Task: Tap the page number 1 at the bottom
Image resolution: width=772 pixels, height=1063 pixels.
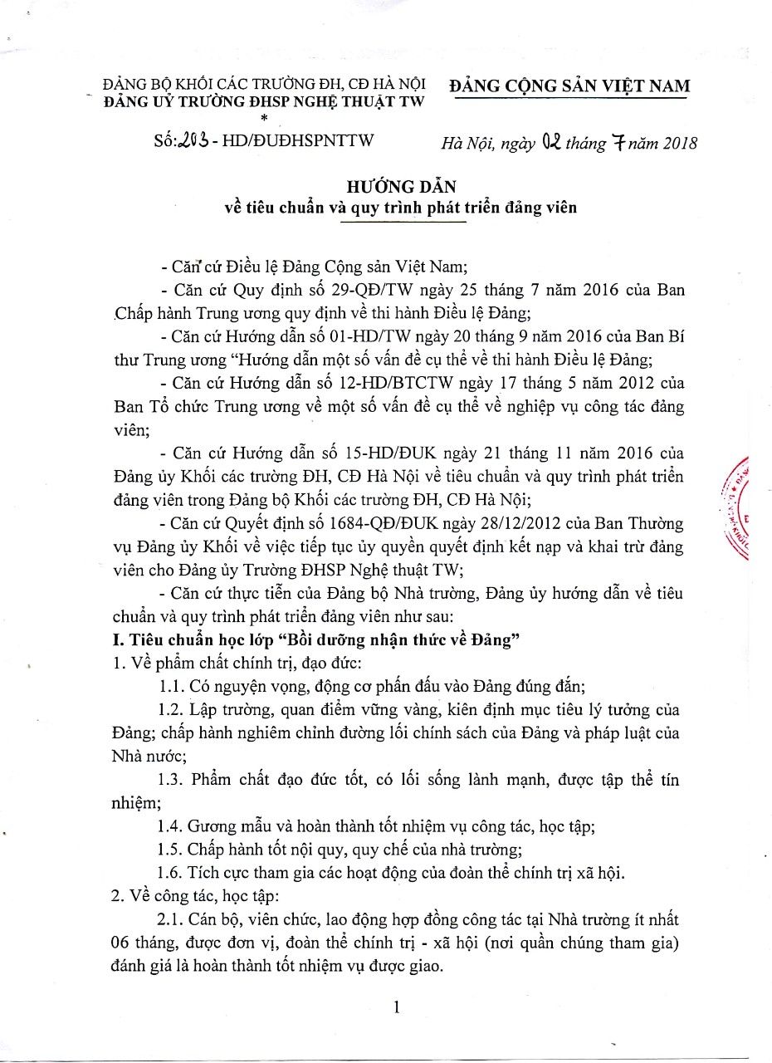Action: point(397,1007)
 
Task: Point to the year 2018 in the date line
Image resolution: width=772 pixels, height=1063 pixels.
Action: point(674,142)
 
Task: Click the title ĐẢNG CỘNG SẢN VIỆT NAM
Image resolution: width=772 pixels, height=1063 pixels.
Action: point(569,86)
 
